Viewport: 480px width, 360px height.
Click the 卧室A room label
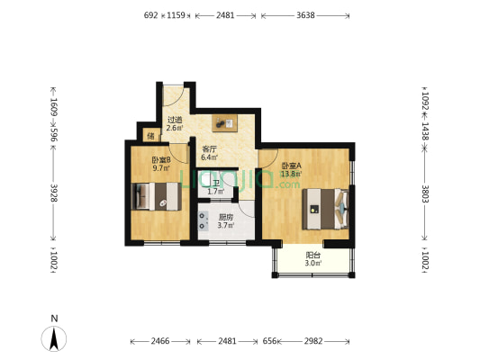[x=291, y=166]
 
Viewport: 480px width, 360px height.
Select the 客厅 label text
[x=209, y=149]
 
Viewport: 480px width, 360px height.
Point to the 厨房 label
[x=226, y=217]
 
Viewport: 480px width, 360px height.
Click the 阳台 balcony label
[x=312, y=255]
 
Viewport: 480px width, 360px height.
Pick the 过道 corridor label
[x=175, y=120]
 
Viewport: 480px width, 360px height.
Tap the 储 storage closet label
[x=150, y=137]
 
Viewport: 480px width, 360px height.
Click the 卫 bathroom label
[x=216, y=183]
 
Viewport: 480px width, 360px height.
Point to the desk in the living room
[x=224, y=122]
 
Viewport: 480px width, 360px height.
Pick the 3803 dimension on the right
[x=425, y=194]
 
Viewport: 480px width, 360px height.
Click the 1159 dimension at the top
[x=177, y=15]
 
